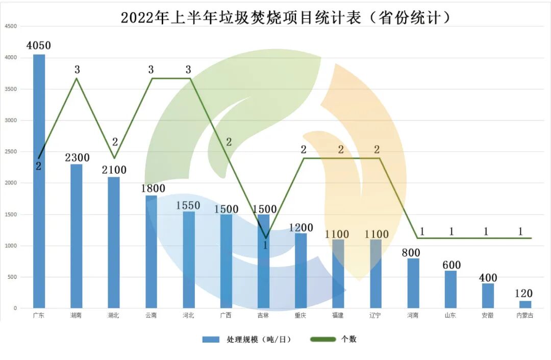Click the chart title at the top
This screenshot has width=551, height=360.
pyautogui.click(x=286, y=17)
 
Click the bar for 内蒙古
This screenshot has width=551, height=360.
pyautogui.click(x=525, y=304)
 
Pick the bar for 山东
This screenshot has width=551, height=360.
pyautogui.click(x=450, y=290)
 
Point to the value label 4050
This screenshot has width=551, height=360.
pyautogui.click(x=39, y=46)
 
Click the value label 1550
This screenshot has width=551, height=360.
pyautogui.click(x=188, y=205)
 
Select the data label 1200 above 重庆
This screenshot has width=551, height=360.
pyautogui.click(x=300, y=227)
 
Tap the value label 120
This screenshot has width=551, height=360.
pyautogui.click(x=524, y=294)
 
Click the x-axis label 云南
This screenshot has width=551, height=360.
pyautogui.click(x=151, y=316)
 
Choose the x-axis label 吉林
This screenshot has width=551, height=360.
pyautogui.click(x=263, y=316)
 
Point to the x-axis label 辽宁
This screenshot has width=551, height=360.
pyautogui.click(x=375, y=316)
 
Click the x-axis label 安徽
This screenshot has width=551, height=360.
pyautogui.click(x=488, y=316)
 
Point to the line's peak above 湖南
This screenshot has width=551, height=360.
pyautogui.click(x=76, y=78)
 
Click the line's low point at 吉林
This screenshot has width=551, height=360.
pyautogui.click(x=265, y=238)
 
